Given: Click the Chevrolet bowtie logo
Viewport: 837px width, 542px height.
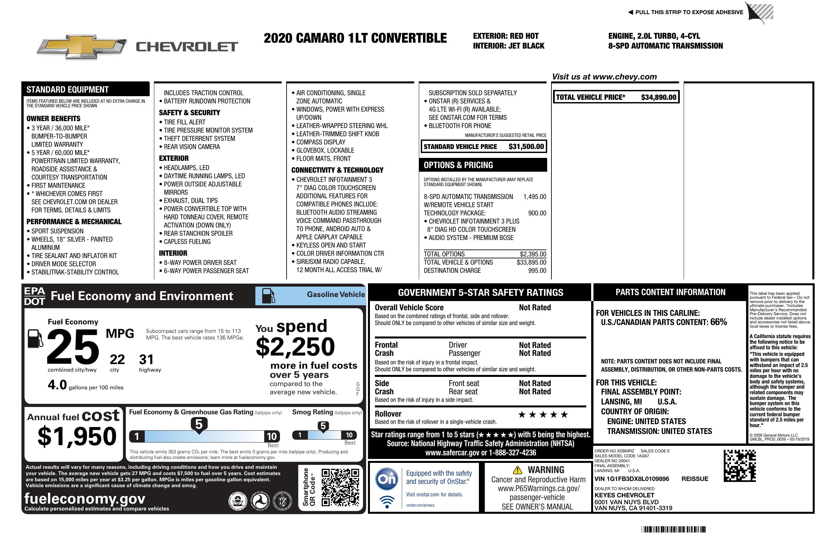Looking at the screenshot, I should pyautogui.click(x=82, y=46).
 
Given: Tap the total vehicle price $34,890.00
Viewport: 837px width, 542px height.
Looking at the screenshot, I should pyautogui.click(x=658, y=98).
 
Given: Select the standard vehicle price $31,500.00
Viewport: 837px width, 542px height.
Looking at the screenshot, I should pyautogui.click(x=526, y=147).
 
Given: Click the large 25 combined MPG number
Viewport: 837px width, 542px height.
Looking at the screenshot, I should pyautogui.click(x=73, y=346).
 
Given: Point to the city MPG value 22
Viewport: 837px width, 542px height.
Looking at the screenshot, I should pyautogui.click(x=117, y=359).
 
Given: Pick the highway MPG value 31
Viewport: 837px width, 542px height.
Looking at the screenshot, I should pyautogui.click(x=146, y=359).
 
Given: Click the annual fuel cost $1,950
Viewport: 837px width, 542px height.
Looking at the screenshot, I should pyautogui.click(x=77, y=436).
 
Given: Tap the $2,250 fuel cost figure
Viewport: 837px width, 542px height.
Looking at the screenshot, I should pyautogui.click(x=295, y=347).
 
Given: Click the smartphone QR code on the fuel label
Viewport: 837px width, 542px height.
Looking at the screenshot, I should pyautogui.click(x=340, y=487).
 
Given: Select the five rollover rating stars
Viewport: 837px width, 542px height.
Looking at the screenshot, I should pyautogui.click(x=543, y=415).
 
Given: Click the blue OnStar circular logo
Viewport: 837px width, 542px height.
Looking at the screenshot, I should pyautogui.click(x=387, y=479).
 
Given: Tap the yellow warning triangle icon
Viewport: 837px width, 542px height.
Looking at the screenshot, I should pyautogui.click(x=517, y=470).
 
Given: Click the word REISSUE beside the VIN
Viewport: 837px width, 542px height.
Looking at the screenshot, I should pyautogui.click(x=695, y=479).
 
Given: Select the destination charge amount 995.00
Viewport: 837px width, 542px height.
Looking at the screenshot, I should pyautogui.click(x=537, y=271).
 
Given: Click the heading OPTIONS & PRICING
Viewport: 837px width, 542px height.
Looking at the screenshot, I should pyautogui.click(x=458, y=165).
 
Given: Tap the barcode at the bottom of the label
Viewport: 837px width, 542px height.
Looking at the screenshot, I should pyautogui.click(x=674, y=529).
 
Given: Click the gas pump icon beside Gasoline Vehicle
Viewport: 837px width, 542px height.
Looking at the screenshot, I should pyautogui.click(x=268, y=296).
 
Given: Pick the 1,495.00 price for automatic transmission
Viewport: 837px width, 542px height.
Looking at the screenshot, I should pyautogui.click(x=535, y=197).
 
